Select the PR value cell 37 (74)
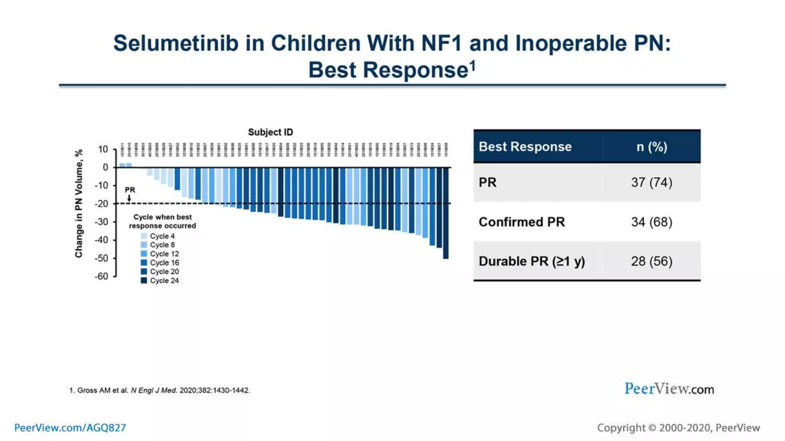[x=651, y=182]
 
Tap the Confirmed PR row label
[x=521, y=222]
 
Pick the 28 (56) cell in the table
[x=651, y=261]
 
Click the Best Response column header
[x=525, y=147]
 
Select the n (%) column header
[x=651, y=147]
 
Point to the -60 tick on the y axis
[x=102, y=276]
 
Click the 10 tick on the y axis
[x=103, y=149]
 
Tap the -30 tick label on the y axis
[x=102, y=222]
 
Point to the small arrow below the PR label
[x=129, y=198]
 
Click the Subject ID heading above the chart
[x=270, y=132]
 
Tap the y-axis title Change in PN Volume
[x=79, y=204]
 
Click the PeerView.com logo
[x=669, y=389]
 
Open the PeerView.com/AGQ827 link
[x=70, y=428]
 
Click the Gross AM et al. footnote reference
[x=159, y=390]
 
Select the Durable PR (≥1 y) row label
[x=531, y=261]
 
